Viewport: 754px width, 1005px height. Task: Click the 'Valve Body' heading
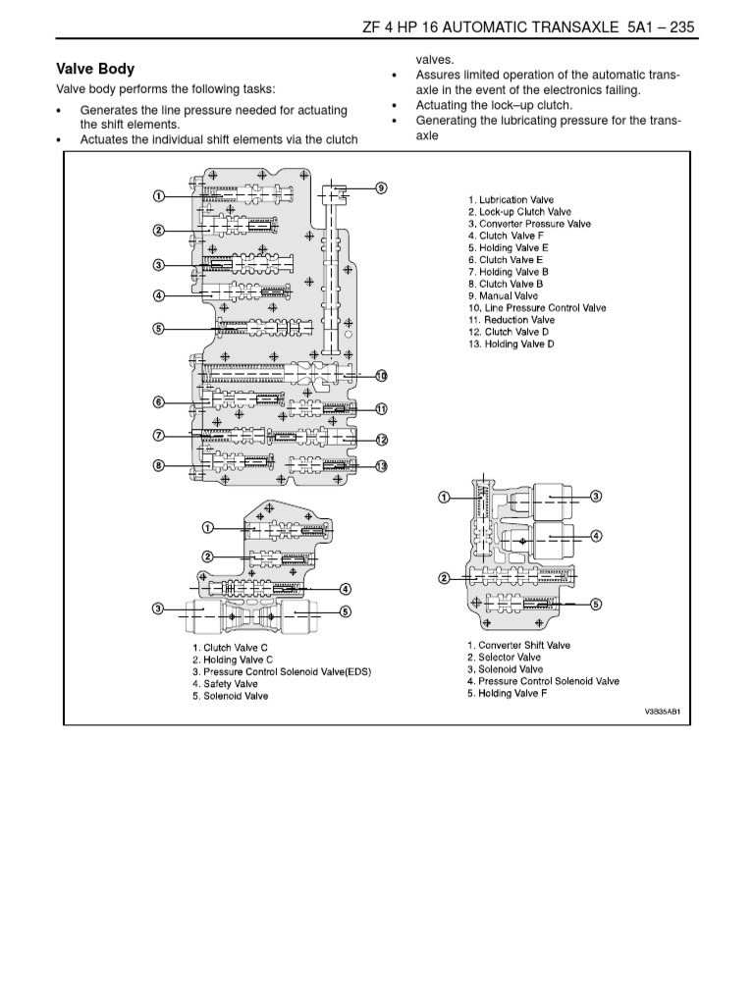(x=95, y=70)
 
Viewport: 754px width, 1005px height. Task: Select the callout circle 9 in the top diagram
(x=381, y=187)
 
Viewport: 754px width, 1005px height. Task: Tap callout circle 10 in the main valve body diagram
(x=381, y=376)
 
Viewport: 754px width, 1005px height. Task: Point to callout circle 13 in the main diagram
(x=381, y=466)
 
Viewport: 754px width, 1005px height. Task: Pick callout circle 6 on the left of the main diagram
(x=158, y=402)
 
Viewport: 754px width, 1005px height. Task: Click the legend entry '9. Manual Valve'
(x=504, y=296)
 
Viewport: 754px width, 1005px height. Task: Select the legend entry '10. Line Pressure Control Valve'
(x=537, y=308)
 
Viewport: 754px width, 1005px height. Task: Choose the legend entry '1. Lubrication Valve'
(x=511, y=200)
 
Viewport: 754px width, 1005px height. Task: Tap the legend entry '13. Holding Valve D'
(x=512, y=344)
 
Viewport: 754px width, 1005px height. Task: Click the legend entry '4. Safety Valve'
(x=225, y=684)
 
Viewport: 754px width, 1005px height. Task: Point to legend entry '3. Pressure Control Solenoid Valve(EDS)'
(x=282, y=671)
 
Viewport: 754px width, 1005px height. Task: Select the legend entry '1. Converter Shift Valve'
(x=518, y=646)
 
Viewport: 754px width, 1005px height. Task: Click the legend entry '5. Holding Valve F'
(x=508, y=694)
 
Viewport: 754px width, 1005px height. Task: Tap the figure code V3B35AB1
(x=663, y=712)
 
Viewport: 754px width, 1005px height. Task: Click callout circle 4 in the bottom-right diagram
(x=596, y=536)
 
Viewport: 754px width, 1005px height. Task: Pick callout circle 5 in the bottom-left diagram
(x=345, y=611)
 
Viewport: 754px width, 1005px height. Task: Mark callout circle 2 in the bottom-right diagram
(x=444, y=579)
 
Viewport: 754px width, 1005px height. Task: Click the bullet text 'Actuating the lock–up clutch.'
(x=495, y=105)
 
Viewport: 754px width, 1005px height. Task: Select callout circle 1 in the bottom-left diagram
(x=208, y=527)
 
